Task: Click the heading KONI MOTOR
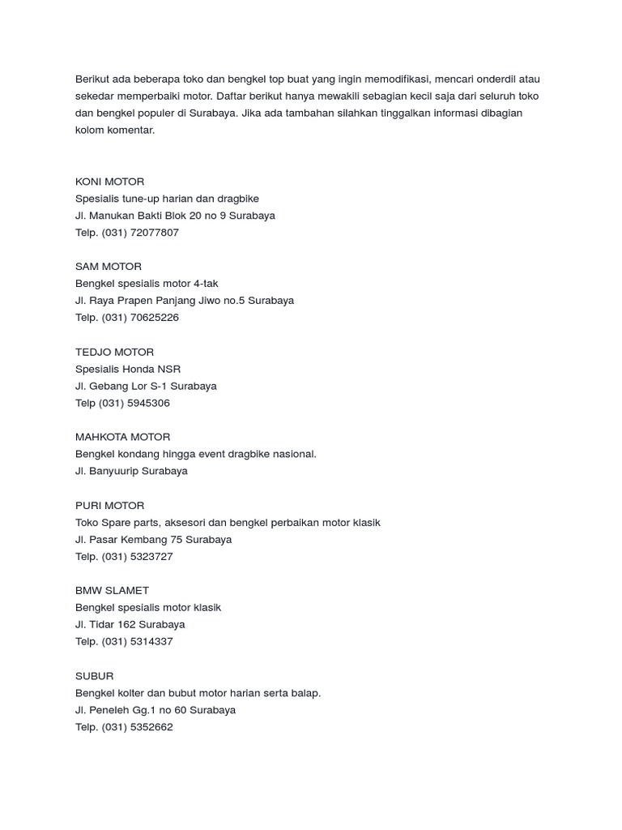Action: point(109,182)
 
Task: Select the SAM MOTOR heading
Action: point(108,267)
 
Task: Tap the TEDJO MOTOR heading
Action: point(114,352)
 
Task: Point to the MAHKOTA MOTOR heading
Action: point(122,437)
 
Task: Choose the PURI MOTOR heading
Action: point(109,505)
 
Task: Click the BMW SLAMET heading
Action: point(112,590)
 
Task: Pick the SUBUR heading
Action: point(94,676)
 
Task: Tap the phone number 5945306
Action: point(149,403)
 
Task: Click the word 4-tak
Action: point(202,284)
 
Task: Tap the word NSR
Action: point(169,369)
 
